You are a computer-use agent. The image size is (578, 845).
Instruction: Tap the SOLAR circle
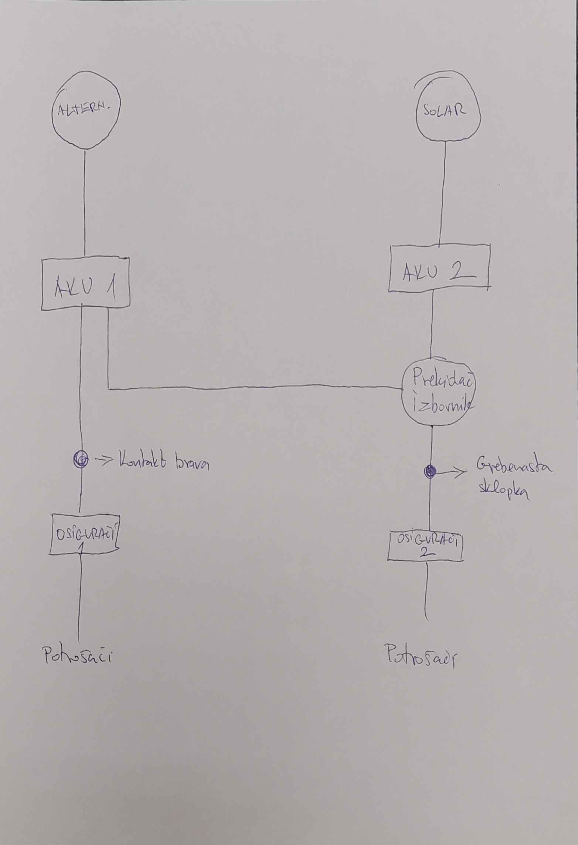click(448, 111)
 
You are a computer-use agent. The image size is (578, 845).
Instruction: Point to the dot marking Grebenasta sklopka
click(430, 471)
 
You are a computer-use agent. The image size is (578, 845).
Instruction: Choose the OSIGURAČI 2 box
click(425, 545)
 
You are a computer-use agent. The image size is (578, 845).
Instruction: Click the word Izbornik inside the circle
click(440, 407)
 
